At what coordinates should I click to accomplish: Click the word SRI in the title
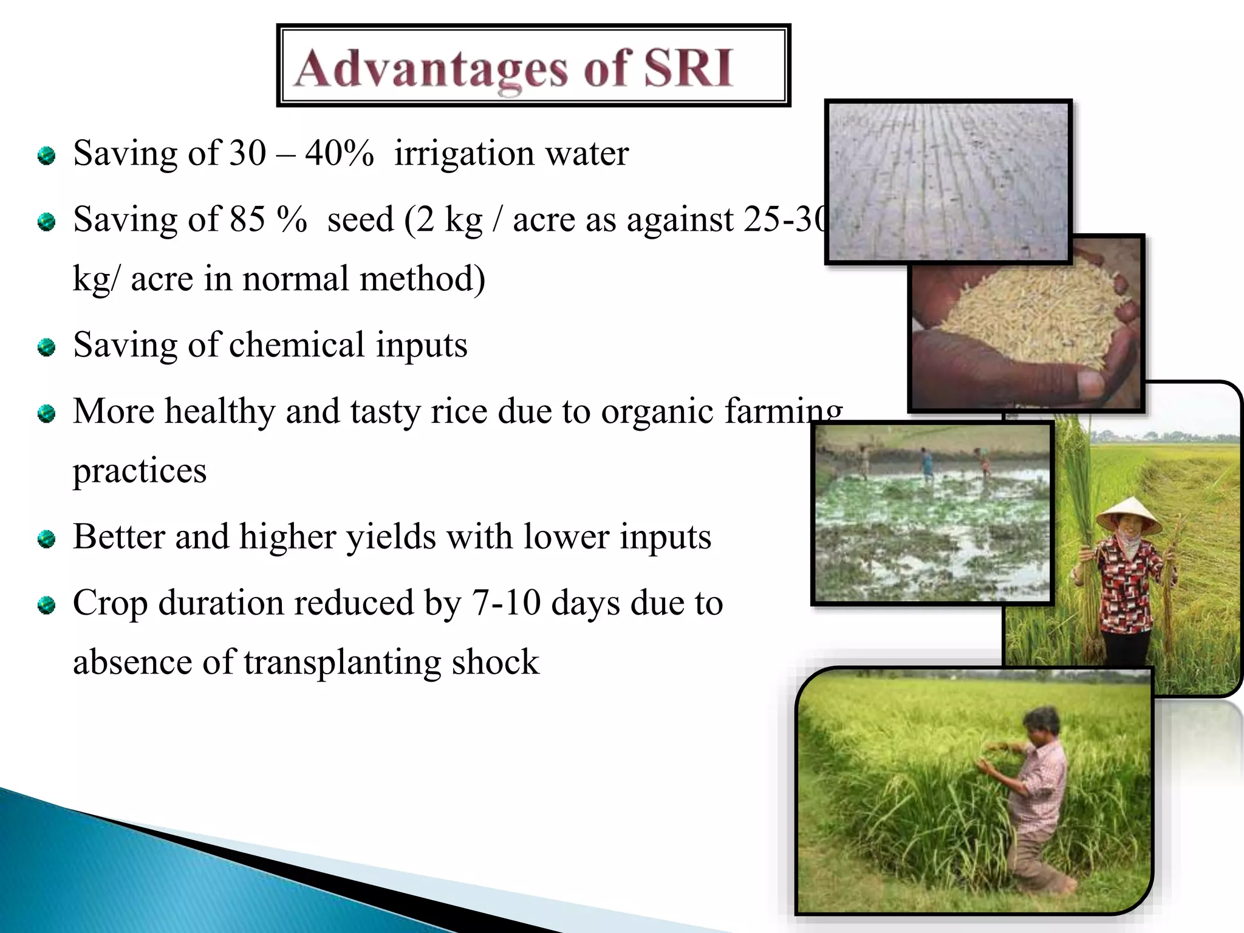click(688, 68)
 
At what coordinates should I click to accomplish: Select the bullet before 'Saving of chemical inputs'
click(46, 347)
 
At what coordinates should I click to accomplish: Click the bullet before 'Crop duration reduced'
click(46, 605)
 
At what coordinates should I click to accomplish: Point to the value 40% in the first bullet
click(339, 153)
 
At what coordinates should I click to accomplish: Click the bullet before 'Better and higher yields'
click(46, 539)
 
